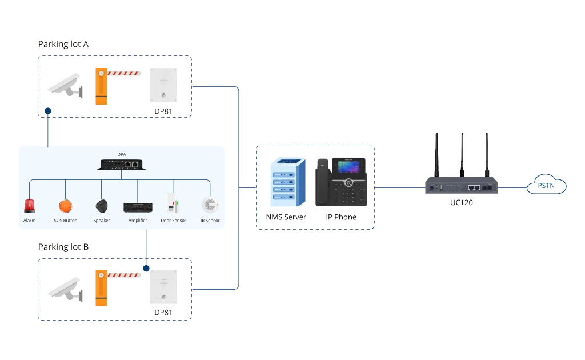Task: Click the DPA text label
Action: click(122, 154)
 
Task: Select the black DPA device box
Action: click(121, 165)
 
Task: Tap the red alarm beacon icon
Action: click(29, 206)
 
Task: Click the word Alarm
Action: click(29, 221)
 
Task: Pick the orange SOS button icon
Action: click(66, 206)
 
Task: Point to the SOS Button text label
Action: click(66, 221)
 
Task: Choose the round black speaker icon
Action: click(102, 206)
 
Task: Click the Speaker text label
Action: click(102, 221)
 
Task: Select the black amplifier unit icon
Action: click(137, 206)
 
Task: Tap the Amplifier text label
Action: click(138, 221)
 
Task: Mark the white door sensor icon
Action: click(171, 204)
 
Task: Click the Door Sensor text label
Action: click(173, 221)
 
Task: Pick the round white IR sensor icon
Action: click(210, 205)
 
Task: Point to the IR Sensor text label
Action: click(210, 221)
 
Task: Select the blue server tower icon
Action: click(287, 181)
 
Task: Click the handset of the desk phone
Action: click(323, 182)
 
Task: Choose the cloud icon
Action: click(546, 186)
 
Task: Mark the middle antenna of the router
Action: click(461, 153)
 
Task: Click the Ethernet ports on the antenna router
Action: click(474, 187)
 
